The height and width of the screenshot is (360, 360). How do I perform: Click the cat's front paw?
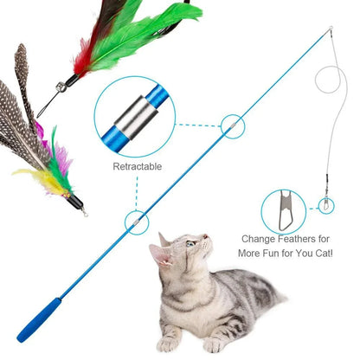(x=170, y=345)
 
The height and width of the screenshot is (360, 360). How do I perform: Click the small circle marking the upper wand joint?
(x=231, y=125)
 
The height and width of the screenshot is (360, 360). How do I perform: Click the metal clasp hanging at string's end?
(x=325, y=205)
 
